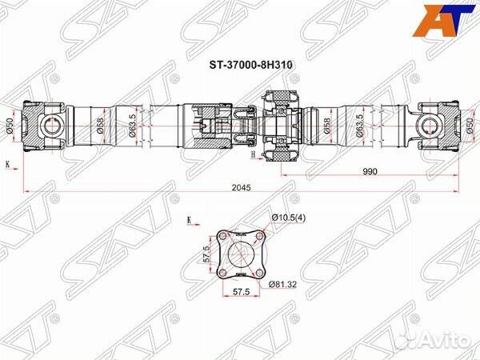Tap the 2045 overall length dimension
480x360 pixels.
click(x=241, y=187)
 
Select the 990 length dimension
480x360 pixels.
click(x=370, y=171)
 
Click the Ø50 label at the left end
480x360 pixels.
click(x=10, y=126)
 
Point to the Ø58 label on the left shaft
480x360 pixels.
click(x=101, y=126)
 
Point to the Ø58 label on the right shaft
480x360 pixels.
click(x=327, y=126)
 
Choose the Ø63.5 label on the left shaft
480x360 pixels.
click(x=133, y=126)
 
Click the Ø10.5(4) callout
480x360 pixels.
click(x=289, y=218)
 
